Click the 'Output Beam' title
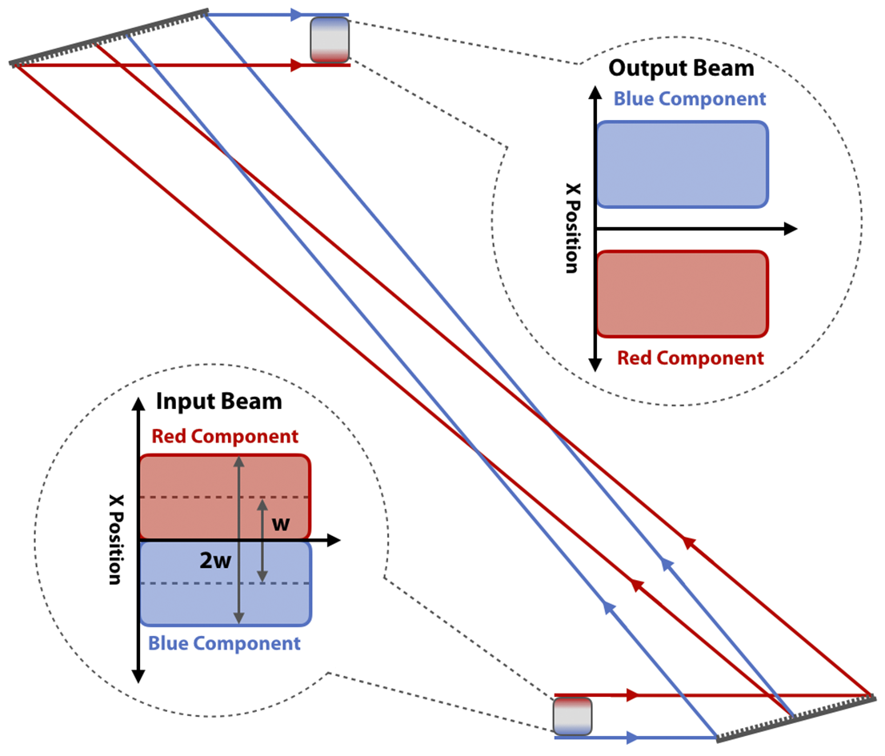[681, 68]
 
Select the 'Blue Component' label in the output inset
[689, 99]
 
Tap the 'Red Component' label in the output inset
[690, 358]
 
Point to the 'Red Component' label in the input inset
[225, 437]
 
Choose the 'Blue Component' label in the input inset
[225, 643]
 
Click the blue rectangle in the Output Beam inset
[682, 164]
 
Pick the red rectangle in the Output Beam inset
[682, 294]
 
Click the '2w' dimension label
[215, 561]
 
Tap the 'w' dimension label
[281, 524]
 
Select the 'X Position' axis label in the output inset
[570, 228]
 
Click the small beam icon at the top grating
[330, 40]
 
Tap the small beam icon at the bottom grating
[572, 716]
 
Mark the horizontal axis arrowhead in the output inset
[790, 229]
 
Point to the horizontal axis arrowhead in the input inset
[334, 541]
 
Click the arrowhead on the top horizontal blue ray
[297, 14]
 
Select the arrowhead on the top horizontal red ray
[297, 66]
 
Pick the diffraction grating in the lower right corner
[795, 717]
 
